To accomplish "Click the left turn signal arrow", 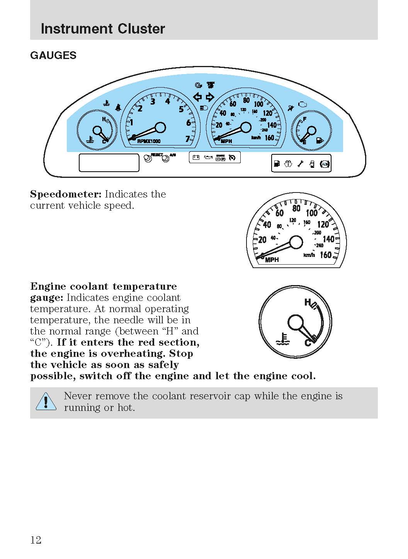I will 197,97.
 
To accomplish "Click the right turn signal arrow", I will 209,97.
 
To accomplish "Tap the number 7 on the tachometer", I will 188,139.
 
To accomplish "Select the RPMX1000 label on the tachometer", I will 149,141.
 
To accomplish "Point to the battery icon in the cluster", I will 196,157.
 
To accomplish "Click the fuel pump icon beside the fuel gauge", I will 319,140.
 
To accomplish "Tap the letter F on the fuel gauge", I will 305,119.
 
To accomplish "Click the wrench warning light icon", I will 300,164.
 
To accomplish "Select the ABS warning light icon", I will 325,164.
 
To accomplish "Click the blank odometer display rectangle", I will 109,162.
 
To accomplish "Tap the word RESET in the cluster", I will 156,154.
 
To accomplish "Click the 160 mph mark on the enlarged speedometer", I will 326,255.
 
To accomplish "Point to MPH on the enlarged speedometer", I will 272,260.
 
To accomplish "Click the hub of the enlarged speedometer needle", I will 296,242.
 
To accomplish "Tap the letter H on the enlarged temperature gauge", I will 308,302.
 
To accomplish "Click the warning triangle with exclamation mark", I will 46,402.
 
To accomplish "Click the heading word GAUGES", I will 53,56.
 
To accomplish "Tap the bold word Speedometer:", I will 66,194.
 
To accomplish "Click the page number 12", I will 36,540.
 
